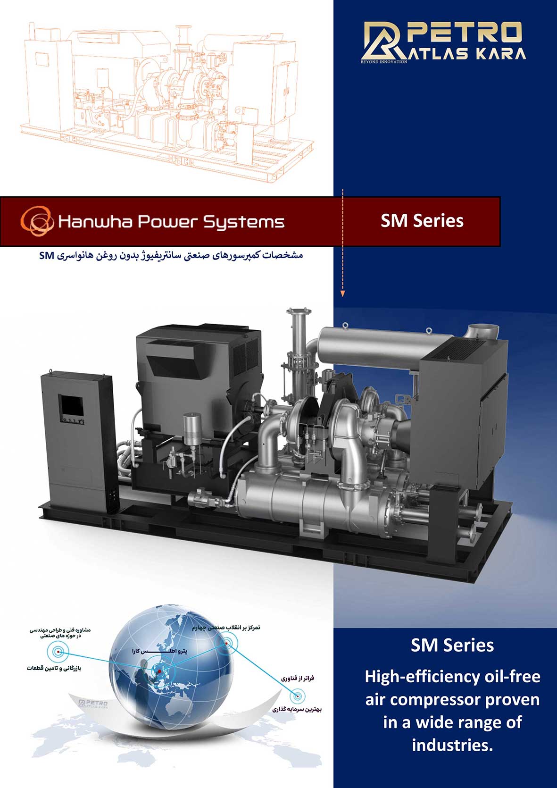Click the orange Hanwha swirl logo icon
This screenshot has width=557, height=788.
(x=37, y=221)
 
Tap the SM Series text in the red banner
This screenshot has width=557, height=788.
(x=422, y=221)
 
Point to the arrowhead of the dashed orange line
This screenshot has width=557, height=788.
(x=343, y=294)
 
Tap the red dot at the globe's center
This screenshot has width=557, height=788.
(x=159, y=671)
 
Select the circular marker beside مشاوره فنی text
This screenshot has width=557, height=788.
(x=58, y=652)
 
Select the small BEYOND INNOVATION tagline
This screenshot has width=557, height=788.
(x=383, y=62)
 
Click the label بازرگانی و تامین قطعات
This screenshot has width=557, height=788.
(x=54, y=668)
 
